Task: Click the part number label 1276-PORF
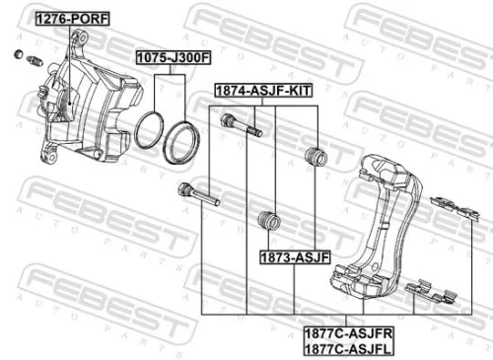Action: tap(73, 19)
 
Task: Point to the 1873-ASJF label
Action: tap(295, 254)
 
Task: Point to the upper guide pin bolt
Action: tap(243, 125)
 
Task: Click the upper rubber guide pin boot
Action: tap(317, 155)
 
